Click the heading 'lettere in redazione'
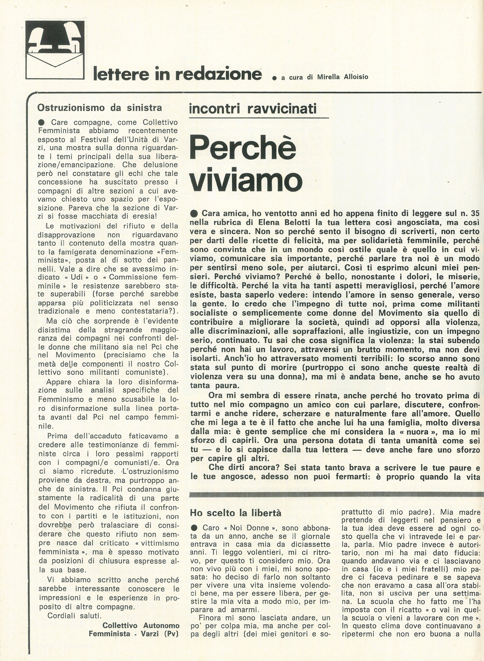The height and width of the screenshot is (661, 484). click(177, 74)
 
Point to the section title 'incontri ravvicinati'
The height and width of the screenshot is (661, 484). click(253, 109)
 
